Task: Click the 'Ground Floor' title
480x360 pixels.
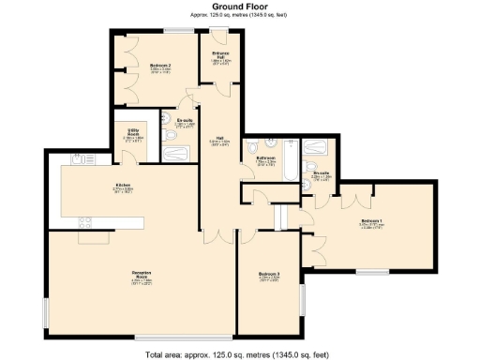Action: click(239, 7)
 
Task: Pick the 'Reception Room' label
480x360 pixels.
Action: click(143, 276)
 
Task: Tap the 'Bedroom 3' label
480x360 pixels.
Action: click(269, 277)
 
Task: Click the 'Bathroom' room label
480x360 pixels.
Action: click(265, 158)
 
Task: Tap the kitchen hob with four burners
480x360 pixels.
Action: click(84, 222)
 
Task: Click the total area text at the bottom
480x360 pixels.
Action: click(239, 353)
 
